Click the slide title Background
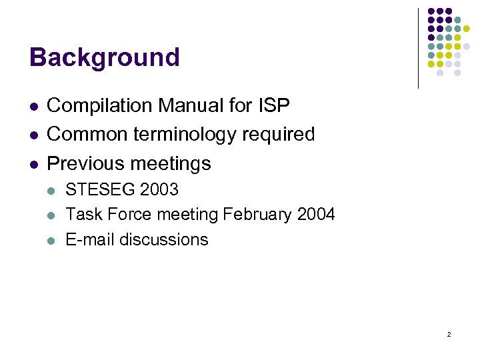[105, 57]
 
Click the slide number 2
[449, 334]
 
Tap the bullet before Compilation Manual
[33, 106]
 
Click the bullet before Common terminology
[33, 135]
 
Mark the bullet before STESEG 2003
[52, 191]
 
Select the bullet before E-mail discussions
[52, 241]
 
